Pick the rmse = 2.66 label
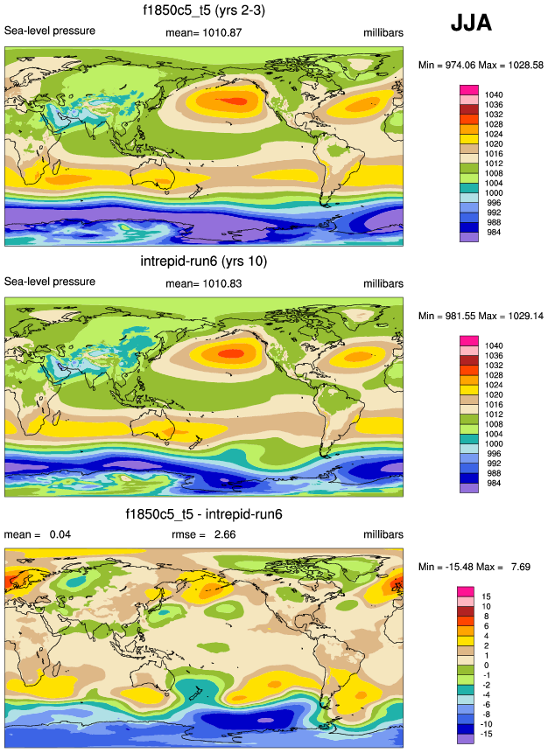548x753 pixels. [203, 534]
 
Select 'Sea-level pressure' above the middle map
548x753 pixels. [50, 282]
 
